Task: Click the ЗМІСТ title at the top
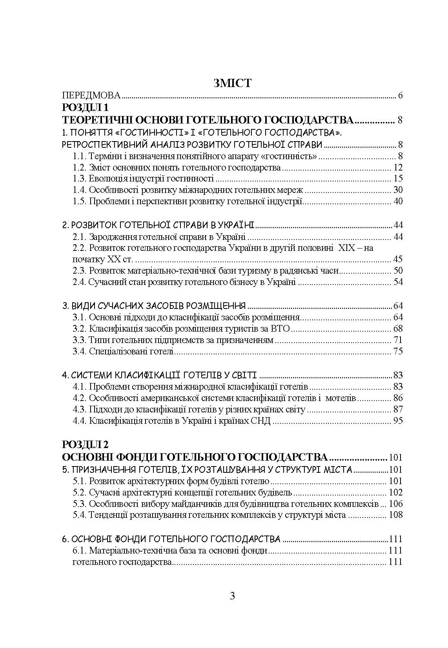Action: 232,83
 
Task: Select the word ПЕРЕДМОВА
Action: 91,95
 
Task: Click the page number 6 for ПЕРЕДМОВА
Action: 400,95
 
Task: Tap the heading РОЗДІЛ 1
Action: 85,107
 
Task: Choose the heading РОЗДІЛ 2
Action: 85,444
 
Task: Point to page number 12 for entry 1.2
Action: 398,168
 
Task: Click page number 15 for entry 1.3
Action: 398,179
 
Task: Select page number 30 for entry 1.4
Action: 398,191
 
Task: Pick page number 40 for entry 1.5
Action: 398,202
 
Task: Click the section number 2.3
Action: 79,270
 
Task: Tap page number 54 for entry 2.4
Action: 398,282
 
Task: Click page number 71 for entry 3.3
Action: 398,340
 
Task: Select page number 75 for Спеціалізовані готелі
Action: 398,351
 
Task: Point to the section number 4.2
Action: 79,398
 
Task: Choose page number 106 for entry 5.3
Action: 395,504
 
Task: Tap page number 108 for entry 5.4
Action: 395,515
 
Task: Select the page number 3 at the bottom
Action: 232,596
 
